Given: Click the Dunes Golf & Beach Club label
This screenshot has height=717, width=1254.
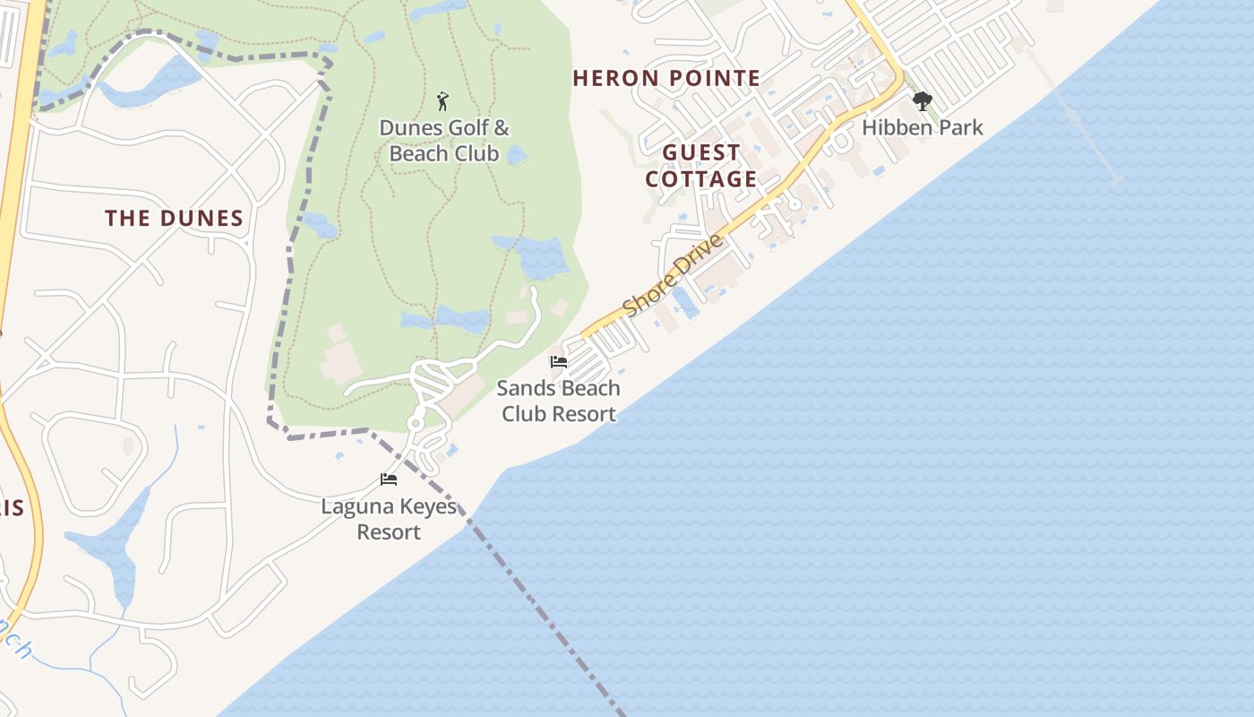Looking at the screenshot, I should [444, 141].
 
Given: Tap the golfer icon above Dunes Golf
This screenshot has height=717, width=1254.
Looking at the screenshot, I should [442, 100].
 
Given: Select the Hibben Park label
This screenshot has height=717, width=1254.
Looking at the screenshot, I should [923, 128].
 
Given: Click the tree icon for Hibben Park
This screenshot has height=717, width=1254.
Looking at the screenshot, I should [922, 100].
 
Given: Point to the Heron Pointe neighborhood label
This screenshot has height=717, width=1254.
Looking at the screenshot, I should [666, 78].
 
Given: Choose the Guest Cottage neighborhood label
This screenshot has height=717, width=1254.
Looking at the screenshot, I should [701, 166].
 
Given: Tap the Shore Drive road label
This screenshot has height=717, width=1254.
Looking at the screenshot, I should [673, 275].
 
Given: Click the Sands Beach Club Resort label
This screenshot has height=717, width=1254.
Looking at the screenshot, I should [559, 401].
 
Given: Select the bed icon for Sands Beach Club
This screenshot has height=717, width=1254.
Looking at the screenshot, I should [559, 362].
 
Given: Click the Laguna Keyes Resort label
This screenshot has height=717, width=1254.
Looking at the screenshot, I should [389, 519].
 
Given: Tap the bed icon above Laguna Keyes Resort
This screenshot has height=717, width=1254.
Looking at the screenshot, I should [389, 479].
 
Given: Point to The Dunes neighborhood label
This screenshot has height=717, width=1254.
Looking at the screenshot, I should [174, 219].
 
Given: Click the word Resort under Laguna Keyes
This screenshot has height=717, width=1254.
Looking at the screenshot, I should [389, 531].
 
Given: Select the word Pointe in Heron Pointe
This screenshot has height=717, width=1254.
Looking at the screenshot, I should [716, 78].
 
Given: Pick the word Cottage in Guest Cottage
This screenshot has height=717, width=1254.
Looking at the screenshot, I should [701, 179].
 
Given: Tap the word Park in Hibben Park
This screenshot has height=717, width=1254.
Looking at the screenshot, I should [959, 128].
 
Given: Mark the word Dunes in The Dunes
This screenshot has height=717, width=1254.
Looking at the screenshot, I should [202, 219].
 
